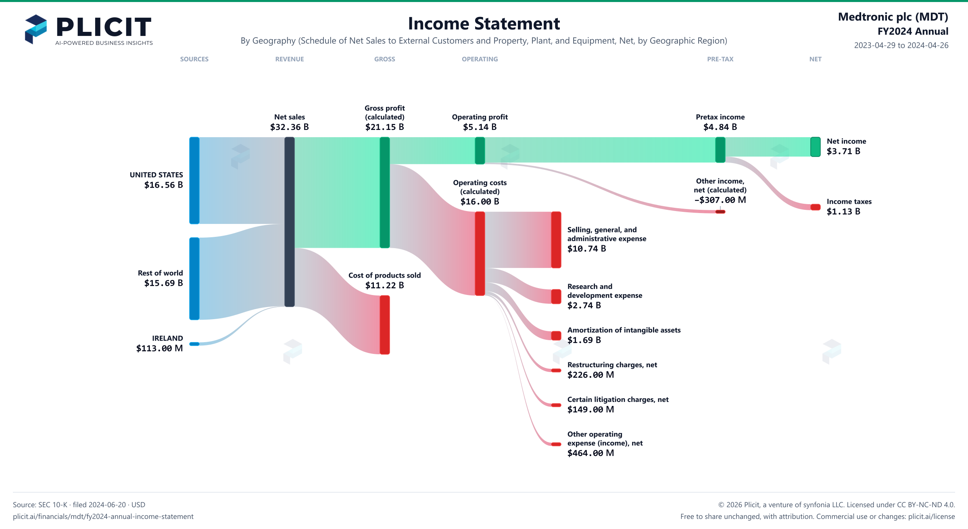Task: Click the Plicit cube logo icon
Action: point(36,29)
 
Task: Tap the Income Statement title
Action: point(484,23)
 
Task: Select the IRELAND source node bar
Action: point(194,344)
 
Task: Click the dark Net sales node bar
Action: point(290,222)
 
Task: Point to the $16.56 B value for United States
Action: point(164,185)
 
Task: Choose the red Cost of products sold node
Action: point(385,325)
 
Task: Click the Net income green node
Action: point(816,147)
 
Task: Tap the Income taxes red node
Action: point(816,207)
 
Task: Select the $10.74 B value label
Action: point(587,249)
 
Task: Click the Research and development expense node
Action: point(556,296)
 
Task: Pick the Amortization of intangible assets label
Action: point(624,330)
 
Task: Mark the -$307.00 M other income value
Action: point(720,200)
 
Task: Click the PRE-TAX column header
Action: point(720,59)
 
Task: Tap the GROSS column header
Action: point(385,59)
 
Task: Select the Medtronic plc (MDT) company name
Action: point(893,17)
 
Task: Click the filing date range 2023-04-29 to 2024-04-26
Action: point(901,45)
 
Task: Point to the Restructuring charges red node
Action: point(556,370)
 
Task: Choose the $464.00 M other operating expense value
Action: point(591,453)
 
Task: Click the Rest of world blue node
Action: point(194,278)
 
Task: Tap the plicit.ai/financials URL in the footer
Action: point(103,516)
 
